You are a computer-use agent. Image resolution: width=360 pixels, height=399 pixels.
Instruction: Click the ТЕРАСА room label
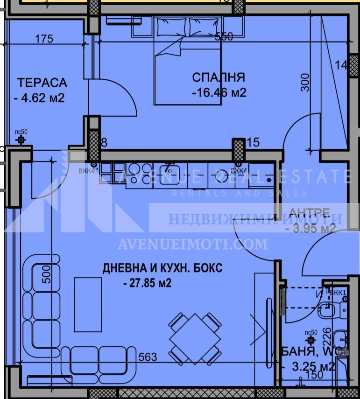tap(42, 83)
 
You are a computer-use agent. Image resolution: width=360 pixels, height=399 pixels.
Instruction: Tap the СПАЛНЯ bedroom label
tap(218, 77)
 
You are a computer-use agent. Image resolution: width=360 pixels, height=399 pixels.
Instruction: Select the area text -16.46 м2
tap(219, 93)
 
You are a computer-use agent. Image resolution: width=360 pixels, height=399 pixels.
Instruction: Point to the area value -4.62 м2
tap(39, 98)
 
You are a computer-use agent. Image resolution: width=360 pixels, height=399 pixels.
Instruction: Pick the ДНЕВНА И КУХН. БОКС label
tap(162, 268)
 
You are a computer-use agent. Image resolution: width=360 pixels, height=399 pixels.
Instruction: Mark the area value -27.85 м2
tap(147, 283)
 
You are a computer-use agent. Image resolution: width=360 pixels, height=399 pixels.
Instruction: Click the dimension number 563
tap(148, 357)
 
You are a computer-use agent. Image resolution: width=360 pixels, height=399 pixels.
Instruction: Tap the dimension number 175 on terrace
tap(44, 39)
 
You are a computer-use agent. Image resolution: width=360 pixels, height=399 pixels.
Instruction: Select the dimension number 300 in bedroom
tap(305, 84)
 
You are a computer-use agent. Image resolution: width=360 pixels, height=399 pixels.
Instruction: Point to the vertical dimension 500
tap(46, 274)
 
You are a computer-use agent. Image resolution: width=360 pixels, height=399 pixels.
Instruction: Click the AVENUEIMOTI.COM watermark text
tap(193, 244)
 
